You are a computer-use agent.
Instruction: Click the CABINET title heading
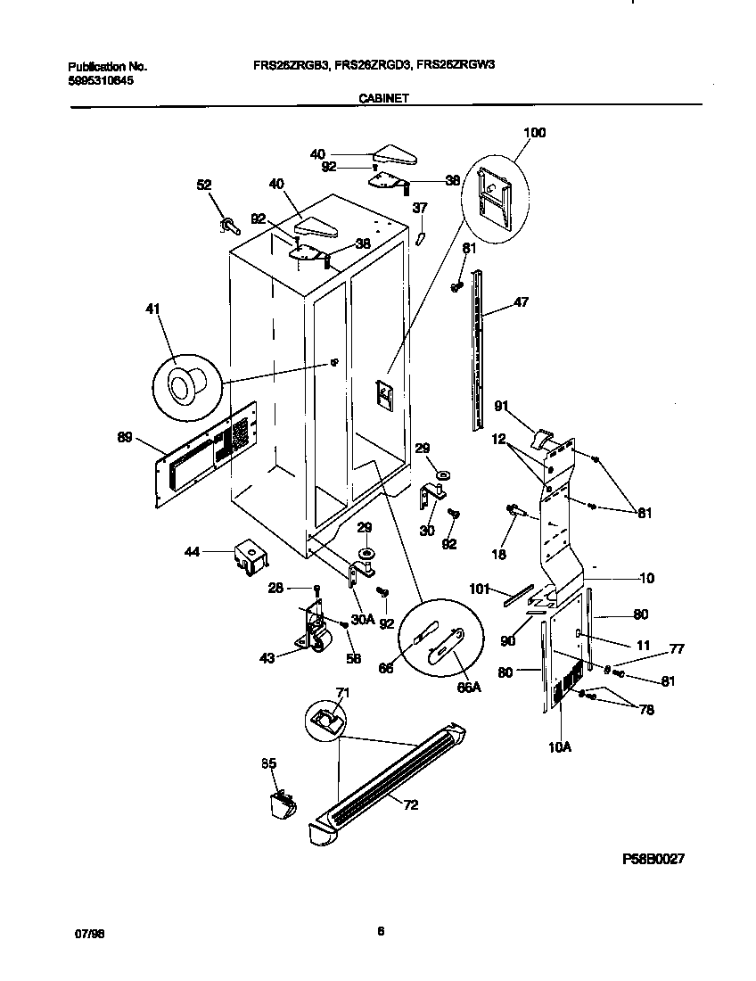(x=384, y=100)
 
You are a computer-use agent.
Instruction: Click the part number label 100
(x=534, y=133)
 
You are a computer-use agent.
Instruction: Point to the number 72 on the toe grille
(x=411, y=805)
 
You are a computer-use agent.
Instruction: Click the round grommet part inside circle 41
(x=184, y=385)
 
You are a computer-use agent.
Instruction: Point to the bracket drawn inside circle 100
(x=493, y=193)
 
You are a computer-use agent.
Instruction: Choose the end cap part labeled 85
(x=280, y=804)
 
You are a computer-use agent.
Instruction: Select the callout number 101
(x=481, y=588)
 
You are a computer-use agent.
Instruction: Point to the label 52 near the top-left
(x=204, y=185)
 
